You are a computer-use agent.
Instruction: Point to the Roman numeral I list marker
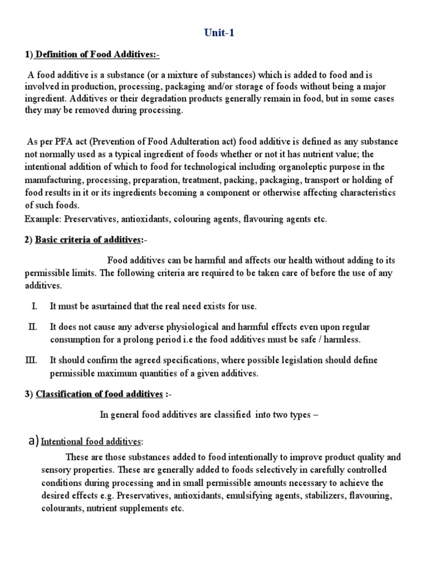click(33, 306)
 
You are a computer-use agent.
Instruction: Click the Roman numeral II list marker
click(32, 327)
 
